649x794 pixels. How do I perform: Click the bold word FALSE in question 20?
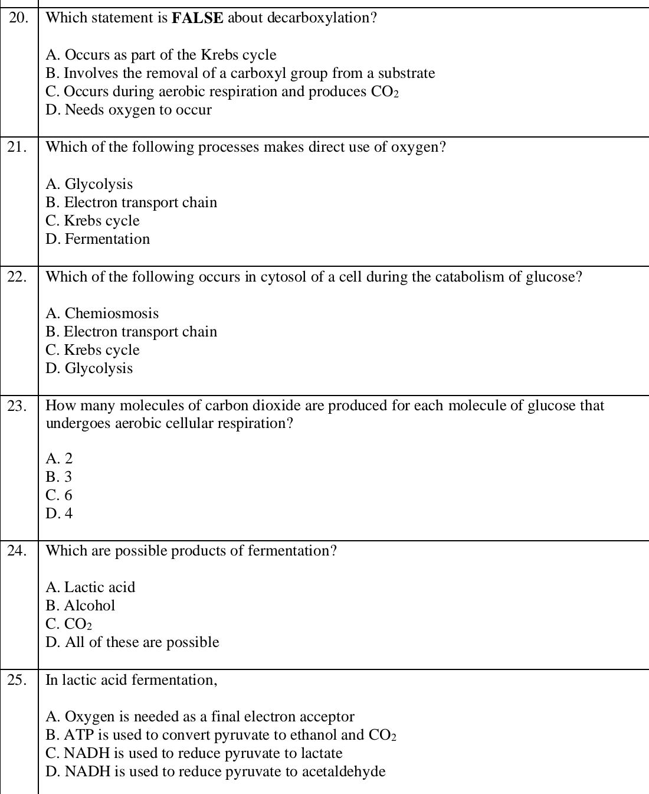point(197,18)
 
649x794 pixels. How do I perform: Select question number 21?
point(18,148)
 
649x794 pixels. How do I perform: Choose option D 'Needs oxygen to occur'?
point(129,110)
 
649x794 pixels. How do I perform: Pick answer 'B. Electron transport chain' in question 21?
point(131,202)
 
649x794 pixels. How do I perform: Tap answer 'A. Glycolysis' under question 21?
point(89,184)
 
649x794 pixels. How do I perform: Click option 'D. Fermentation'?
point(97,239)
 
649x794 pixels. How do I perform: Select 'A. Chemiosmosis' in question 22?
point(102,313)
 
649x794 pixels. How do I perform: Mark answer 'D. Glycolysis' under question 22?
point(89,368)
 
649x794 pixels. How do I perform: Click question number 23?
point(18,406)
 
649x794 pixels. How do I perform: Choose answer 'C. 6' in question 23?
point(59,495)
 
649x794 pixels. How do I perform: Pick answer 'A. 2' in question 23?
point(59,459)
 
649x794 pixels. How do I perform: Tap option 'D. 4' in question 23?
point(59,514)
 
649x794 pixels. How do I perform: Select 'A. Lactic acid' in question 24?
point(90,587)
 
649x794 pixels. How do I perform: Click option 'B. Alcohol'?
point(80,606)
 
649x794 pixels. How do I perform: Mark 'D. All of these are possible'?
point(132,642)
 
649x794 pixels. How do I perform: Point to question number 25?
point(18,681)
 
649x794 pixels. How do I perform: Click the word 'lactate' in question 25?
point(322,753)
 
